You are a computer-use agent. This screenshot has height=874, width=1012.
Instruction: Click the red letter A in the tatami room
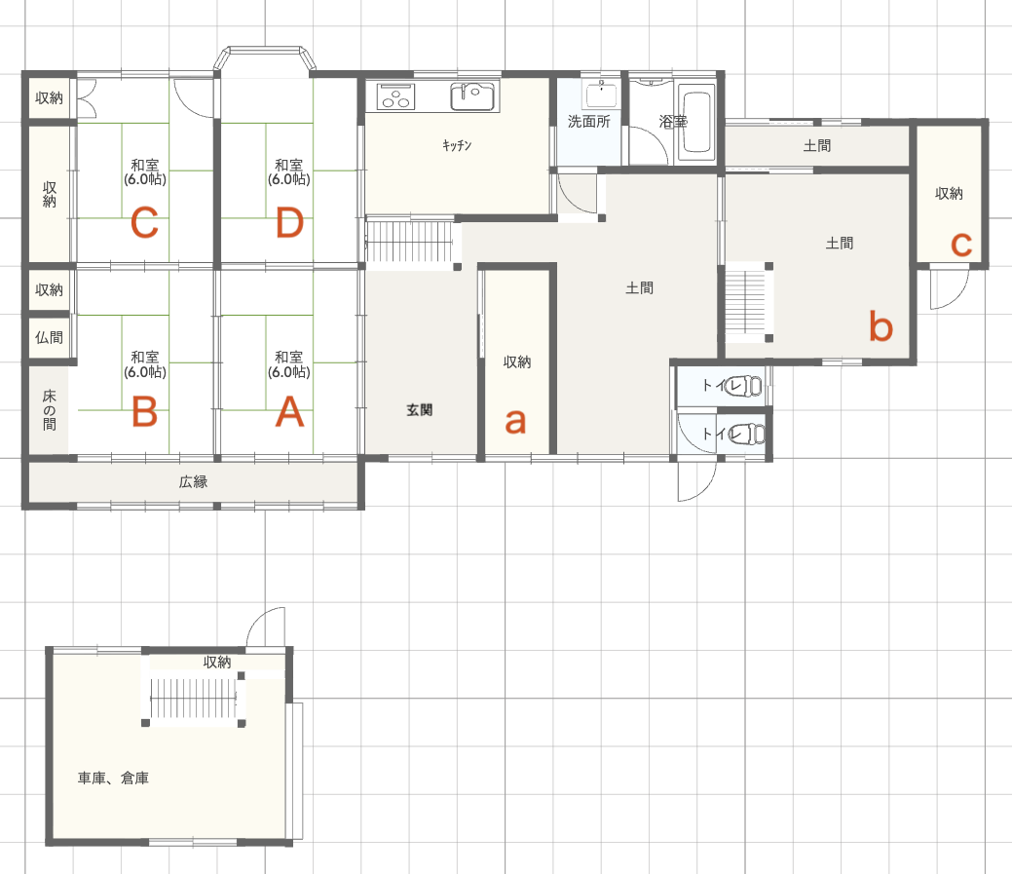[290, 411]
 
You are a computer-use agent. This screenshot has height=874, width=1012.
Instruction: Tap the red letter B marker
[144, 411]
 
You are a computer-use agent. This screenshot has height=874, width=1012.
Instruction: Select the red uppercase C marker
[144, 223]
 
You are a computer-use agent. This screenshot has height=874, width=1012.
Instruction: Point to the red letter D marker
[290, 223]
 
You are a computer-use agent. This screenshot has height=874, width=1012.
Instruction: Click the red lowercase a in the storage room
[515, 421]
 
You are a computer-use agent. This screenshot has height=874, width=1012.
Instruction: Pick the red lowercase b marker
[881, 326]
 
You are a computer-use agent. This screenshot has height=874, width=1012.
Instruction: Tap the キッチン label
[457, 145]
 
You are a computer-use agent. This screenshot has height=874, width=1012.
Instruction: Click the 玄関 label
[420, 410]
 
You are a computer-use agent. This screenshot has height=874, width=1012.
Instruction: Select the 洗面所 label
[588, 122]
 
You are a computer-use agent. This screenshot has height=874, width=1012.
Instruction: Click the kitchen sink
[472, 96]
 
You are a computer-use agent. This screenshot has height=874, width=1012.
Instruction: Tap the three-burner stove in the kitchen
[395, 96]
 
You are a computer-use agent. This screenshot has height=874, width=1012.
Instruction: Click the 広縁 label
[193, 481]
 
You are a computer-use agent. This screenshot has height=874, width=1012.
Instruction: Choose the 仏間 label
[49, 337]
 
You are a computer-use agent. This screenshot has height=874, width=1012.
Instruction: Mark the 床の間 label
[49, 410]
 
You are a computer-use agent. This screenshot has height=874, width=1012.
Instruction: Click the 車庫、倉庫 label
[113, 779]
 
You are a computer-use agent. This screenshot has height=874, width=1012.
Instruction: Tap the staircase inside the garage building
[193, 699]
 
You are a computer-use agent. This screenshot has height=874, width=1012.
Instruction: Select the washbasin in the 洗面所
[602, 95]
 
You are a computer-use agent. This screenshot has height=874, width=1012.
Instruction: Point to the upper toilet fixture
[743, 386]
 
